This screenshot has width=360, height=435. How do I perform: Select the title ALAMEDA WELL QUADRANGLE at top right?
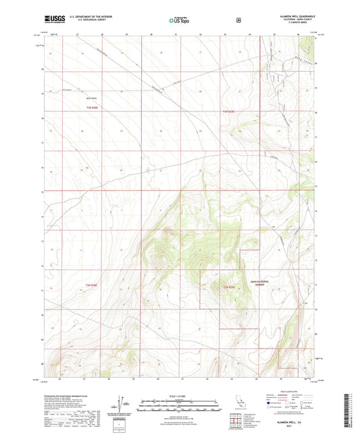[x=291, y=14]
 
